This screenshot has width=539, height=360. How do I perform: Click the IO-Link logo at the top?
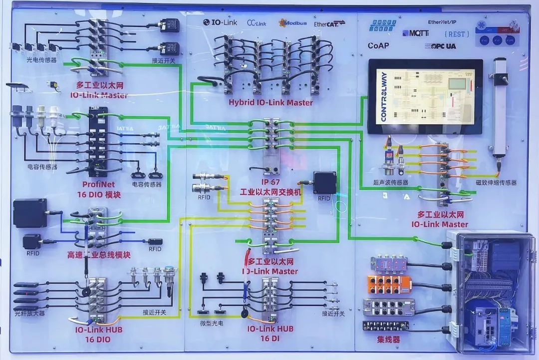221,22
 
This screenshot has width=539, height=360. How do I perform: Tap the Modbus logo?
293,23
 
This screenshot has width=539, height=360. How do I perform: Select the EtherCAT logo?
329,23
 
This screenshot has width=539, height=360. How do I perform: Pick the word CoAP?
378,45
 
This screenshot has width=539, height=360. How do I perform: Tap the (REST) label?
456,34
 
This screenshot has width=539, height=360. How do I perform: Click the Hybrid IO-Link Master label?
271,102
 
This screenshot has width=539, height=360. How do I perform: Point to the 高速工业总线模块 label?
99,255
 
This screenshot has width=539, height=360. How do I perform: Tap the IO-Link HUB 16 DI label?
270,334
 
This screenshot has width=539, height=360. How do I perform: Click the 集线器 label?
389,340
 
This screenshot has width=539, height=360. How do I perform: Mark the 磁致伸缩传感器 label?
496,183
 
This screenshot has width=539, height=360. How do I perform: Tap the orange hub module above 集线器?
391,285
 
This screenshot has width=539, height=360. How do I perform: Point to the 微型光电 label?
212,324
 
